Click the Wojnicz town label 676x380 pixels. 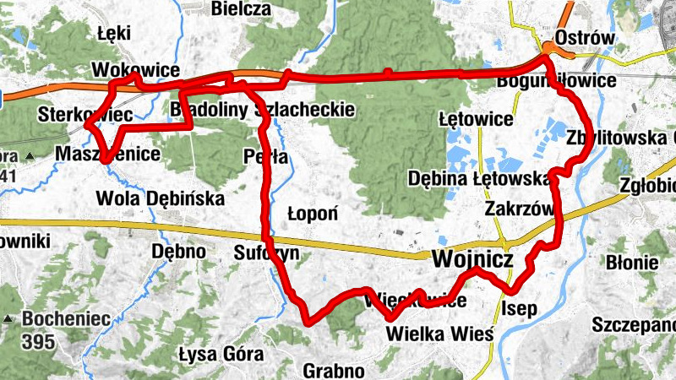(472, 259)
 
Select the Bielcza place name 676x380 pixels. (242, 9)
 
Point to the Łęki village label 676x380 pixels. (112, 35)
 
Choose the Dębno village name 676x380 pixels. (178, 251)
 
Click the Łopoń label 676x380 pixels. (313, 213)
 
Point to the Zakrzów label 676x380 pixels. (519, 209)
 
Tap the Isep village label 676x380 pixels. (519, 308)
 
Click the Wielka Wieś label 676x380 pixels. (439, 333)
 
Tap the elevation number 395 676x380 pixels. (39, 342)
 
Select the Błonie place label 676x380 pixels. (633, 263)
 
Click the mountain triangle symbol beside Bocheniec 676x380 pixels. (8, 319)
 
